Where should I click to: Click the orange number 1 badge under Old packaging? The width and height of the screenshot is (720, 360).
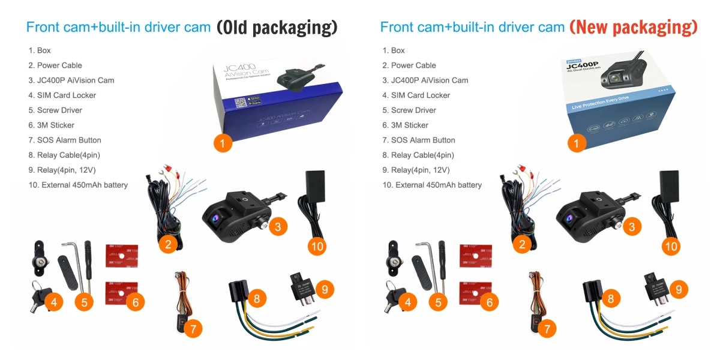223,143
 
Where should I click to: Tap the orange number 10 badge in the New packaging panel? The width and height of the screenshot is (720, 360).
671,246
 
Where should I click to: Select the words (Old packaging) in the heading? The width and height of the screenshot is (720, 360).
277,27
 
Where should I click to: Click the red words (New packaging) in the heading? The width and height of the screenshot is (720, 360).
633,27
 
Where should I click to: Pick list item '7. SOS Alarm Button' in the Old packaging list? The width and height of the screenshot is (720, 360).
65,140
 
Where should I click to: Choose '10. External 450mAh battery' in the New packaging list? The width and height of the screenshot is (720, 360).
432,185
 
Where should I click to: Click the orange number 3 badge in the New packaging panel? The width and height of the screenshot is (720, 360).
631,227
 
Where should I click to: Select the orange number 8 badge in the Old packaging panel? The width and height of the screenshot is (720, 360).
257,298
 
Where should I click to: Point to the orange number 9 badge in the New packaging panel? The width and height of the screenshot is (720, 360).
679,289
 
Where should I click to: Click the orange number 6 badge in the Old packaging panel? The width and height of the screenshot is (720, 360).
136,302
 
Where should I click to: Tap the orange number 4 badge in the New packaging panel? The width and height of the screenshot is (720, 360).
408,302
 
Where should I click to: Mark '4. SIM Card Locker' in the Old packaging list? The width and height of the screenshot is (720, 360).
62,95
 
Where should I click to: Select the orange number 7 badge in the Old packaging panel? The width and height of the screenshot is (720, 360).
193,329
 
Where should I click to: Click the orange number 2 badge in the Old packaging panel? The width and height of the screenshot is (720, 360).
169,244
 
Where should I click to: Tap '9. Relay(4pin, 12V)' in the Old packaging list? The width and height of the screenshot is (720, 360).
62,170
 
